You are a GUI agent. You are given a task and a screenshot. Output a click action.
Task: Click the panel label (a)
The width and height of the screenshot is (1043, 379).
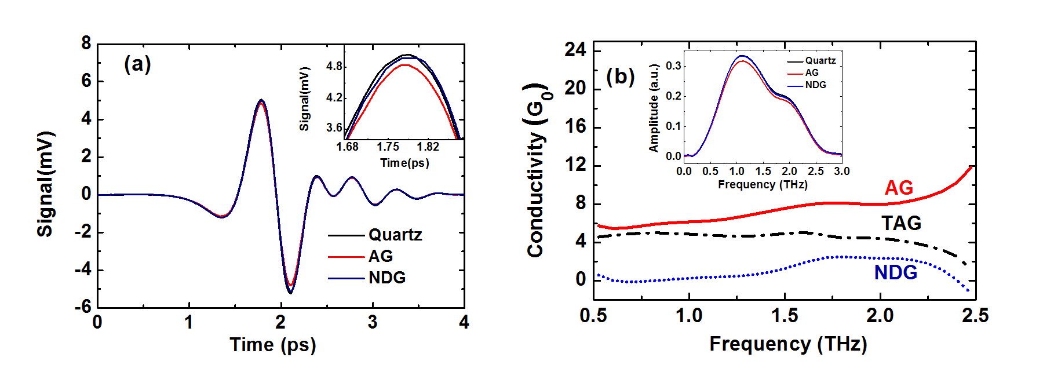[x=137, y=64]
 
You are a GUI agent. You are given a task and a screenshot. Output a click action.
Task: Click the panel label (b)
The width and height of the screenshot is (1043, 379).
[x=620, y=76]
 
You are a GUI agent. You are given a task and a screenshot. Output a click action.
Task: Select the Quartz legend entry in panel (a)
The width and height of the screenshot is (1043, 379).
[x=395, y=235]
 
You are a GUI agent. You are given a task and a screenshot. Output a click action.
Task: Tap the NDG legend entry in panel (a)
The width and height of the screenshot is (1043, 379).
[x=386, y=278]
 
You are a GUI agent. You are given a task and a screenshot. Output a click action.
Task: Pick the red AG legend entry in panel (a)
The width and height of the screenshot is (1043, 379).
[x=380, y=256]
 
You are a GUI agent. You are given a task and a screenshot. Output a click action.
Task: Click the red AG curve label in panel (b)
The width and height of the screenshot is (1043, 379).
[x=899, y=188]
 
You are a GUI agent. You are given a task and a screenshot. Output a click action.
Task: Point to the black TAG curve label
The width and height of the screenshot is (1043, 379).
[x=901, y=223]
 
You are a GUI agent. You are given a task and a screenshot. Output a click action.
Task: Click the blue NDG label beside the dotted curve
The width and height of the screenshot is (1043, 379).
[x=895, y=272]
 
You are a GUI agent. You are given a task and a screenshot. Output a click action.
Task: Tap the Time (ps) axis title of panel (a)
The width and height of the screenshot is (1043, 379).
[x=273, y=345]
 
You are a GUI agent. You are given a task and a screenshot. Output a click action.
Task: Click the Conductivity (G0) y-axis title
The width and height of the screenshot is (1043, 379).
[x=537, y=171]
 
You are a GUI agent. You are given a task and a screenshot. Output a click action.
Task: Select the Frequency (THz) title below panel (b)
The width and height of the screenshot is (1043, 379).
[x=788, y=344]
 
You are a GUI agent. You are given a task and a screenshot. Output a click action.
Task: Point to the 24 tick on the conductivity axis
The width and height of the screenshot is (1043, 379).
[x=575, y=50]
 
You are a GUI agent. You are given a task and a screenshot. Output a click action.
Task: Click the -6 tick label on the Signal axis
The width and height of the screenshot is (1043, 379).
[x=83, y=307]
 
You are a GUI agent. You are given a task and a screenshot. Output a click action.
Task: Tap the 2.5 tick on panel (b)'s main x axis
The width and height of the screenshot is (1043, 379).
[x=975, y=316]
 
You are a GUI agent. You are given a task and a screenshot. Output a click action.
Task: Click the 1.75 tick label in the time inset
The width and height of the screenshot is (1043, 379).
[x=388, y=147]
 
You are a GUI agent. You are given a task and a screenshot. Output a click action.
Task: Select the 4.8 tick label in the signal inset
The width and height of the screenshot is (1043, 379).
[x=334, y=67]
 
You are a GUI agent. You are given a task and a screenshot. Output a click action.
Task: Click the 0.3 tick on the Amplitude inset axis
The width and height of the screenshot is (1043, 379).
[x=673, y=66]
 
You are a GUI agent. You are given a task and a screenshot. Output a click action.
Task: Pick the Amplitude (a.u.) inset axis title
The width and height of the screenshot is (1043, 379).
[x=654, y=108]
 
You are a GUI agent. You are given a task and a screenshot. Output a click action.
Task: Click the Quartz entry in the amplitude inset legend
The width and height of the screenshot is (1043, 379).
[x=820, y=61]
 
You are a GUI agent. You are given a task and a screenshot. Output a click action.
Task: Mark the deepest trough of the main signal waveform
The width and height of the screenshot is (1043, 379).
[x=290, y=292]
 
